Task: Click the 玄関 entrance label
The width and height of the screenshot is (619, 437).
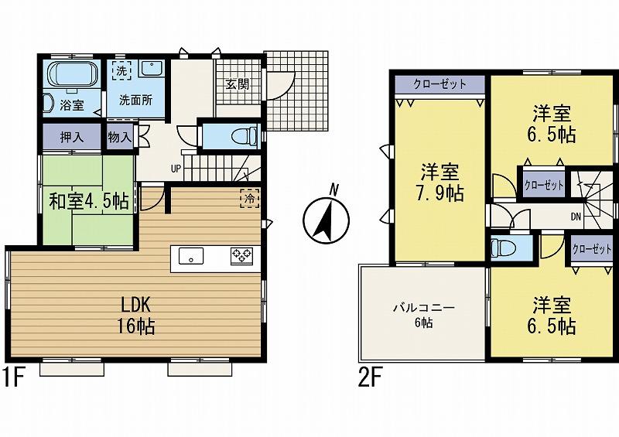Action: tap(238, 84)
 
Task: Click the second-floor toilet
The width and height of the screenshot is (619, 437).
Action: tap(502, 249)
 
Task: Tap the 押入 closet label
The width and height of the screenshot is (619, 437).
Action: tap(72, 138)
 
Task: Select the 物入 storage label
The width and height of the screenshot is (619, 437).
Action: tap(121, 138)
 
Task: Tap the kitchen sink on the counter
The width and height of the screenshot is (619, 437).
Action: tap(190, 255)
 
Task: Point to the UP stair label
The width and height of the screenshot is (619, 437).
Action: tap(176, 168)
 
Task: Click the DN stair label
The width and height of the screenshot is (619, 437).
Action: tap(576, 217)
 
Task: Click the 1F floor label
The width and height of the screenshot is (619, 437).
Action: tap(14, 378)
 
